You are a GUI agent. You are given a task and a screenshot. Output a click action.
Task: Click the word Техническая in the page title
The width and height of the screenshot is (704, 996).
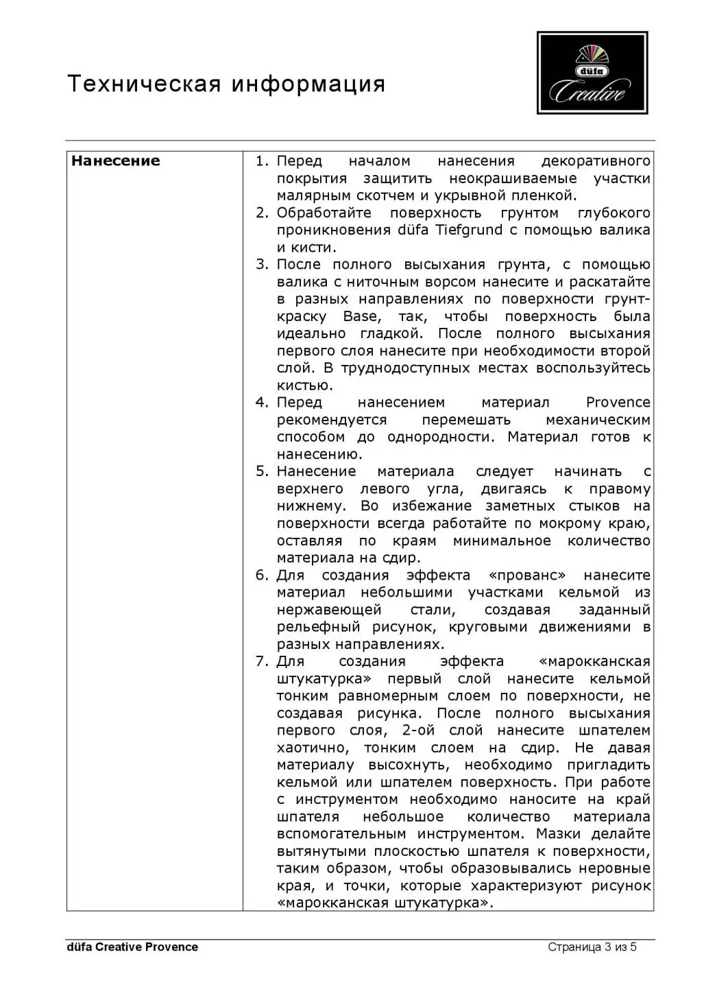tap(144, 84)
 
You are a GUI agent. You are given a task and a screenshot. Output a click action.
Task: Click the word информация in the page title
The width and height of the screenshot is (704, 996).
tap(308, 84)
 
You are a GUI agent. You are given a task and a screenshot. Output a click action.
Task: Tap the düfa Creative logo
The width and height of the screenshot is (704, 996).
tap(592, 73)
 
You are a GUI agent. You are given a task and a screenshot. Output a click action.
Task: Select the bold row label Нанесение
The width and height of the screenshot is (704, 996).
tap(115, 161)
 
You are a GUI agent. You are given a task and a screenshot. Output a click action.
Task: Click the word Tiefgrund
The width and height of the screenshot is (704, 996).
tap(469, 230)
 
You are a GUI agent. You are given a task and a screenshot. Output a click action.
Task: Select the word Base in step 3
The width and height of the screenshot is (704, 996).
tap(361, 316)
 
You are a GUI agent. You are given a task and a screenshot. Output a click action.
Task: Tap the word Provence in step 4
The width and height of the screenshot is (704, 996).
tap(618, 403)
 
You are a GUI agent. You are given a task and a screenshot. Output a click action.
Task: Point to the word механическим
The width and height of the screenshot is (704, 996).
tap(598, 420)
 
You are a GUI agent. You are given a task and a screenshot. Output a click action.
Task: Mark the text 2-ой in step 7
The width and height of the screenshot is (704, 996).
tap(418, 731)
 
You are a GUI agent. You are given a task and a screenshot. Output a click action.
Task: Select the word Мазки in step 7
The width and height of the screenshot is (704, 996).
tap(559, 834)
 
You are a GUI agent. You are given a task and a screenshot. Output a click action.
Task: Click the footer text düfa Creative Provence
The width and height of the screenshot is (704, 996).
tap(132, 947)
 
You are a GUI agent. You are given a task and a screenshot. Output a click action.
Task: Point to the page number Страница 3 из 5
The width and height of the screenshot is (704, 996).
tap(592, 947)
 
